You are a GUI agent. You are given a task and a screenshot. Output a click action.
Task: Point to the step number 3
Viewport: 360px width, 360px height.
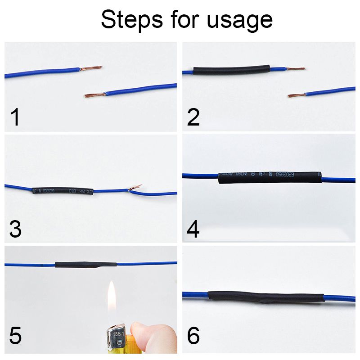[x=15, y=229]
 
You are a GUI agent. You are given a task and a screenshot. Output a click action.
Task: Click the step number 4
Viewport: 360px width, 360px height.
[x=193, y=229]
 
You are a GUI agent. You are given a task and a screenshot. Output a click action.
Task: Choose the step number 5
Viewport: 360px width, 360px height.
[x=15, y=337]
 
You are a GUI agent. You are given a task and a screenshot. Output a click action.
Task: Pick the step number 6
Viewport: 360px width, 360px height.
[x=193, y=337]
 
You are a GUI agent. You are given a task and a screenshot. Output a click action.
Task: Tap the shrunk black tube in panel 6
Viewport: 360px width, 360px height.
[x=265, y=297]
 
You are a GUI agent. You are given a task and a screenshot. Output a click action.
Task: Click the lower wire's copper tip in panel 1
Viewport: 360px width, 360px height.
[x=94, y=95]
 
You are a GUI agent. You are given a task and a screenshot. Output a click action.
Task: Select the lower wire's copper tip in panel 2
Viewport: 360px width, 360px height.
[x=296, y=95]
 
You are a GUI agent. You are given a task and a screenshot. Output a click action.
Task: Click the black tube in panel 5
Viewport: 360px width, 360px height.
[x=85, y=265]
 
